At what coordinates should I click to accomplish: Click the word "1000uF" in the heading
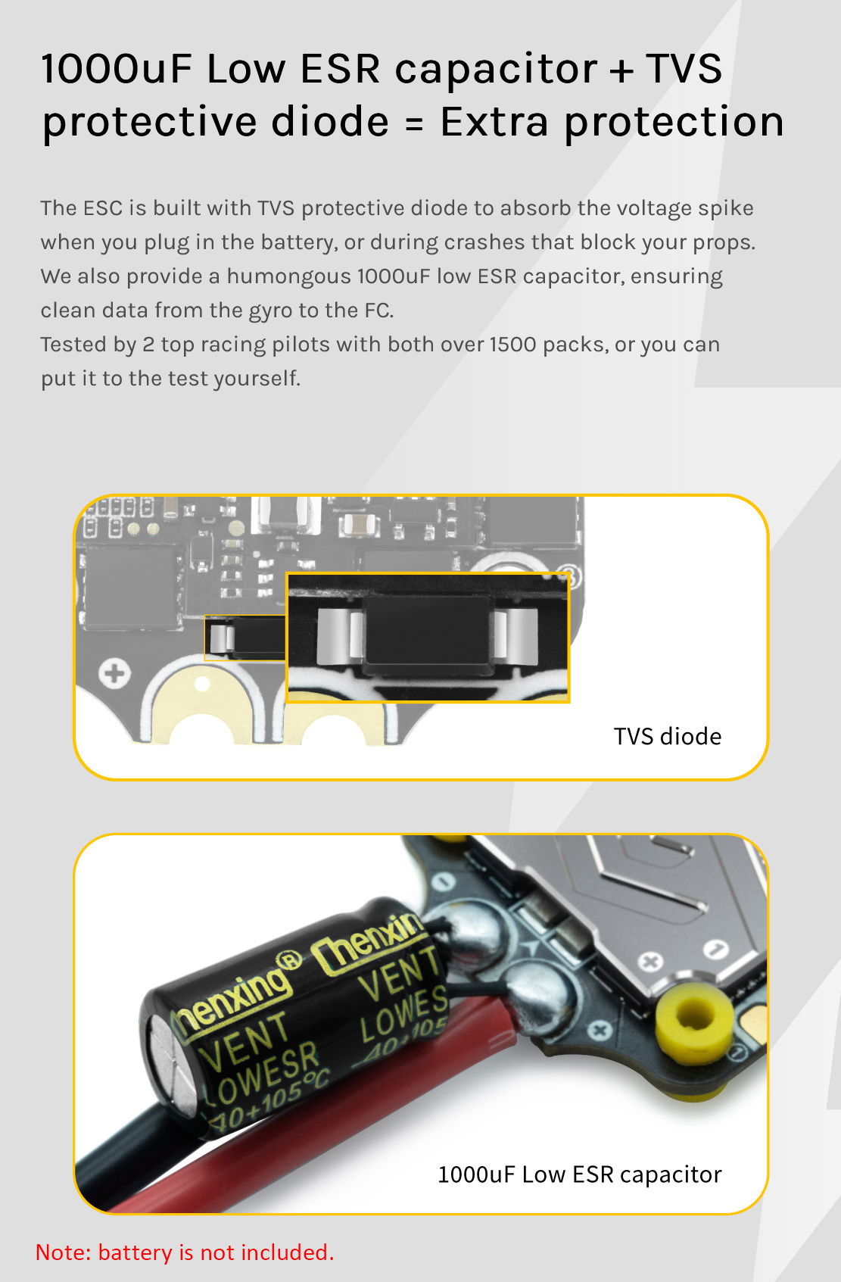117,69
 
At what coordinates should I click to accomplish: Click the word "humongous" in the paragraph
288,277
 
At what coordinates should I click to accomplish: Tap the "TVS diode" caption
667,737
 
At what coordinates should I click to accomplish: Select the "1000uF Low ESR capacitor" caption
580,1174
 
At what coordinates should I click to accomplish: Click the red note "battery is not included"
216,1252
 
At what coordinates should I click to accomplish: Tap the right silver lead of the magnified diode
516,636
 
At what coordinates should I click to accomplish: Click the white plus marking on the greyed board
114,673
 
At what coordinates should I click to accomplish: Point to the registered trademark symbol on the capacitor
289,961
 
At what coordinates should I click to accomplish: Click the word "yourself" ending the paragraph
257,379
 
